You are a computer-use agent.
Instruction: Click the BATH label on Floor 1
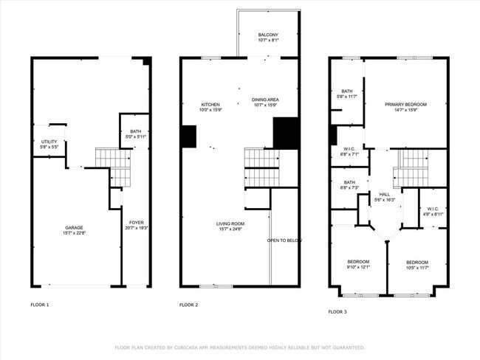135,130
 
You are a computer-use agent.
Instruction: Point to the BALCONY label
268,35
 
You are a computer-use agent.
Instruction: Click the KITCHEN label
210,105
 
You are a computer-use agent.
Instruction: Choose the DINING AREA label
265,100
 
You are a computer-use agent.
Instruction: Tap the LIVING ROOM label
230,223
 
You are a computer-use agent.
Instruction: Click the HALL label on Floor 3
385,195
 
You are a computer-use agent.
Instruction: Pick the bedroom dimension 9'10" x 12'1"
358,268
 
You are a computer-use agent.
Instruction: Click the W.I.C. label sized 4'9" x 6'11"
433,209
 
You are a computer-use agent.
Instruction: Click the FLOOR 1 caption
39,304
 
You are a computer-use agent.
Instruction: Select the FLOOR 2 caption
188,304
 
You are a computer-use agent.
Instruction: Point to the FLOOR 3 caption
337,311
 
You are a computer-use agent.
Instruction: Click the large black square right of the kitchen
285,133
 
